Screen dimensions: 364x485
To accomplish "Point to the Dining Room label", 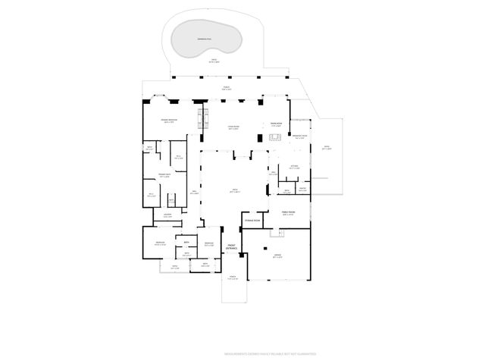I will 277,124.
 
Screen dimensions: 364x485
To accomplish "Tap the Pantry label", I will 302,189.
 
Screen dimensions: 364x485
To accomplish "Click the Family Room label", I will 288,213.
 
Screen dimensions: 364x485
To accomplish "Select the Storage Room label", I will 252,220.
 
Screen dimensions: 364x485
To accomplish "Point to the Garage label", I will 278,256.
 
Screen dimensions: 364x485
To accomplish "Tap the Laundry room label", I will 168,215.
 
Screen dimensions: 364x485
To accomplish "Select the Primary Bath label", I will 164,176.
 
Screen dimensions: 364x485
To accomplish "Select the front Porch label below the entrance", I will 233,278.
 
